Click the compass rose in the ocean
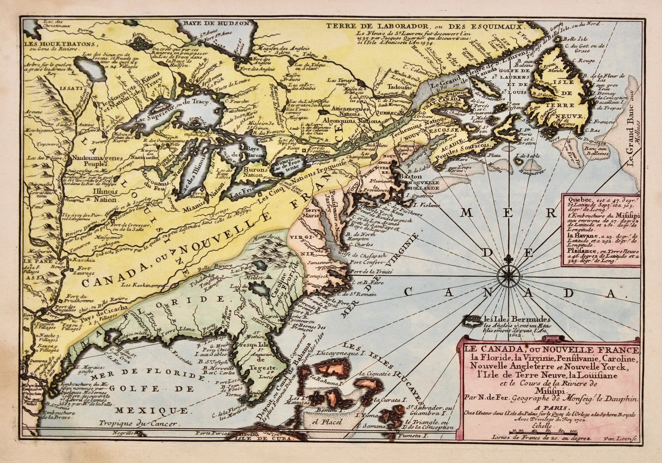click(x=509, y=275)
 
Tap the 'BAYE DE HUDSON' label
click(x=215, y=24)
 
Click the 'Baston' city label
click(x=409, y=177)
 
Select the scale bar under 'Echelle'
click(x=548, y=431)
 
